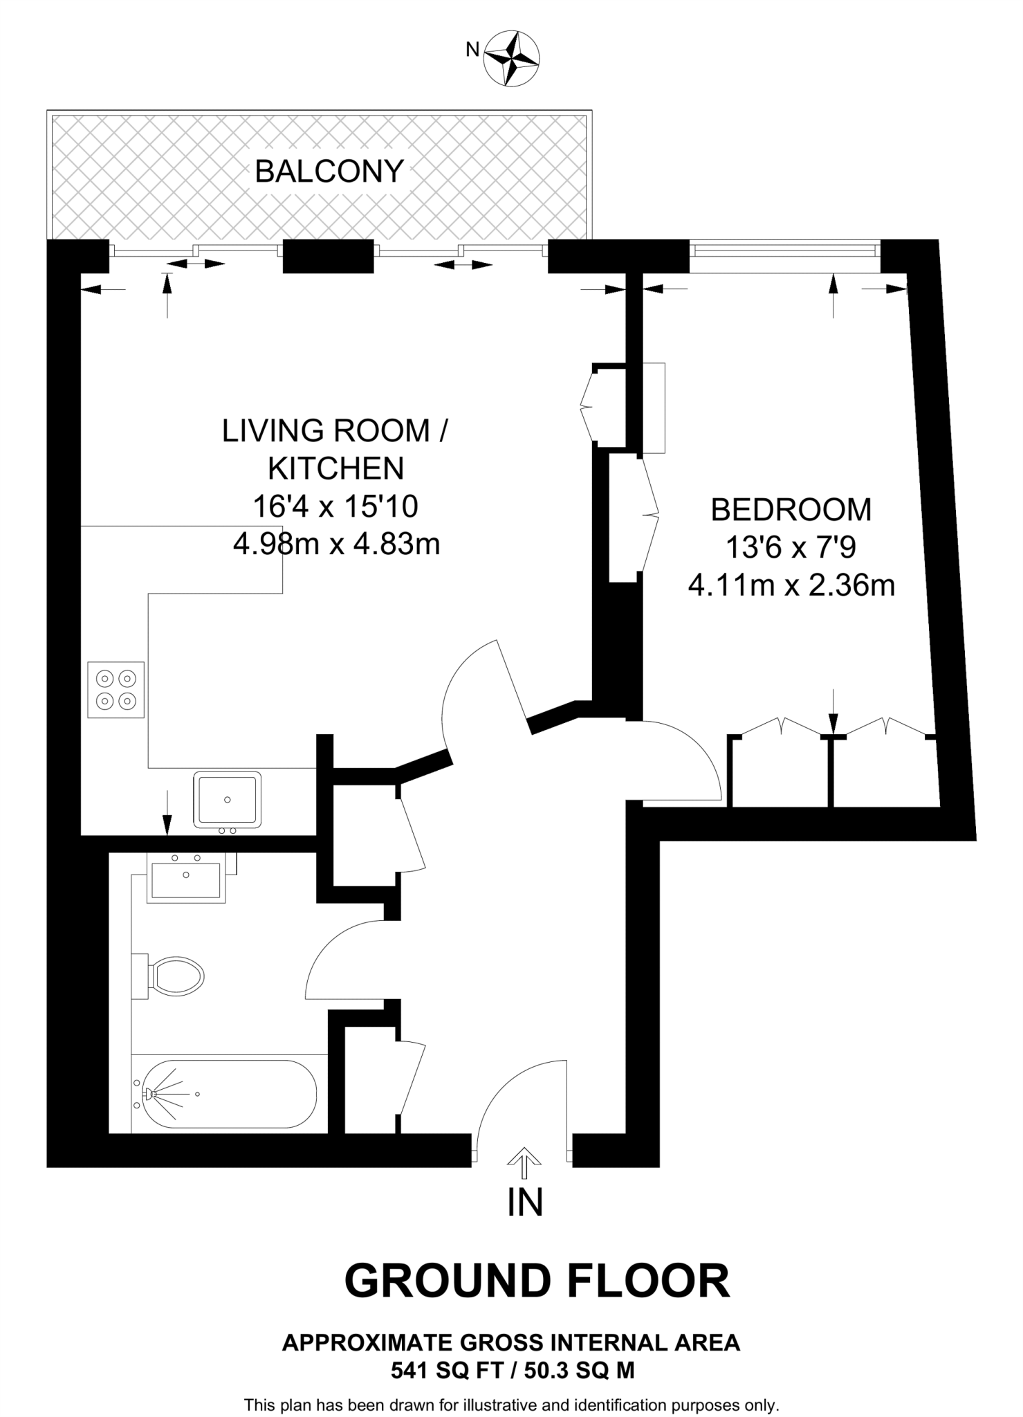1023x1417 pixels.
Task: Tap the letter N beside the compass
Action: coord(473,49)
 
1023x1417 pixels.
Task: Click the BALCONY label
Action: coord(329,171)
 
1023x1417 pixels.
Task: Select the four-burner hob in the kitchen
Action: coord(116,690)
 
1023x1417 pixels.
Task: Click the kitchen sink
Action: coord(228,799)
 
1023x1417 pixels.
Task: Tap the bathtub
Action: coord(224,1094)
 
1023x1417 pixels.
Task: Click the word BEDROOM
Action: coord(791,510)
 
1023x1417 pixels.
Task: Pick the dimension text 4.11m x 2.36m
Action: coord(791,586)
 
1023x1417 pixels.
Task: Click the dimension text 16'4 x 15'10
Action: coord(335,506)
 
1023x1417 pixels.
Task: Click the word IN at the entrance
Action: coord(524,1203)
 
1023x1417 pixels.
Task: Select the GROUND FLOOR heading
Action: coord(537,1281)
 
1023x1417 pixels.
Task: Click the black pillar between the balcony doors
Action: coord(329,256)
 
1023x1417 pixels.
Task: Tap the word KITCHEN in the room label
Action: coord(335,468)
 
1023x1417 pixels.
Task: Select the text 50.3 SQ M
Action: coord(578,1370)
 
